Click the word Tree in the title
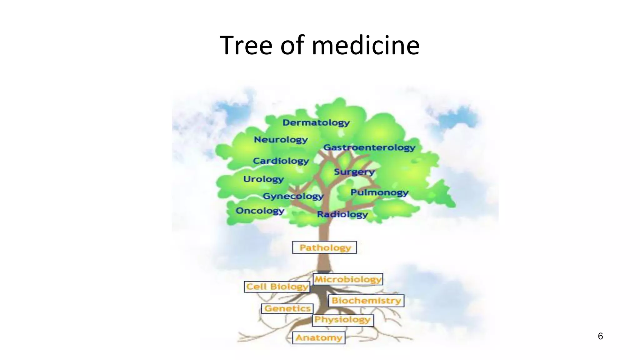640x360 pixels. [x=246, y=45]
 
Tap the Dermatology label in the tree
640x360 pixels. [x=316, y=122]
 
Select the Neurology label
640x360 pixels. [x=281, y=139]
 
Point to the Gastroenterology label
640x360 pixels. [x=369, y=147]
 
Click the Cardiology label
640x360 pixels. [x=281, y=161]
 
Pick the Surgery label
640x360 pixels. [x=354, y=172]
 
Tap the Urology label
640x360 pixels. [x=263, y=179]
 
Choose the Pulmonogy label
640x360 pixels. [x=379, y=192]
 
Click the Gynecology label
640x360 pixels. [x=293, y=196]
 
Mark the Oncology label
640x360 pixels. [x=260, y=211]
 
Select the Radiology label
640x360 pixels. [x=342, y=214]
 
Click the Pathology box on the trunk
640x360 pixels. [x=325, y=247]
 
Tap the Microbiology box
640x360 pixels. [x=348, y=279]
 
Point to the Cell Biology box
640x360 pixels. [x=277, y=287]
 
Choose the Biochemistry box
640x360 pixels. [x=366, y=301]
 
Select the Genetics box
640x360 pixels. [x=287, y=308]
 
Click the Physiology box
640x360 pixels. [x=342, y=320]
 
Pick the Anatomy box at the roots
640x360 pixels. [x=319, y=338]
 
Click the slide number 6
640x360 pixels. [x=600, y=336]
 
